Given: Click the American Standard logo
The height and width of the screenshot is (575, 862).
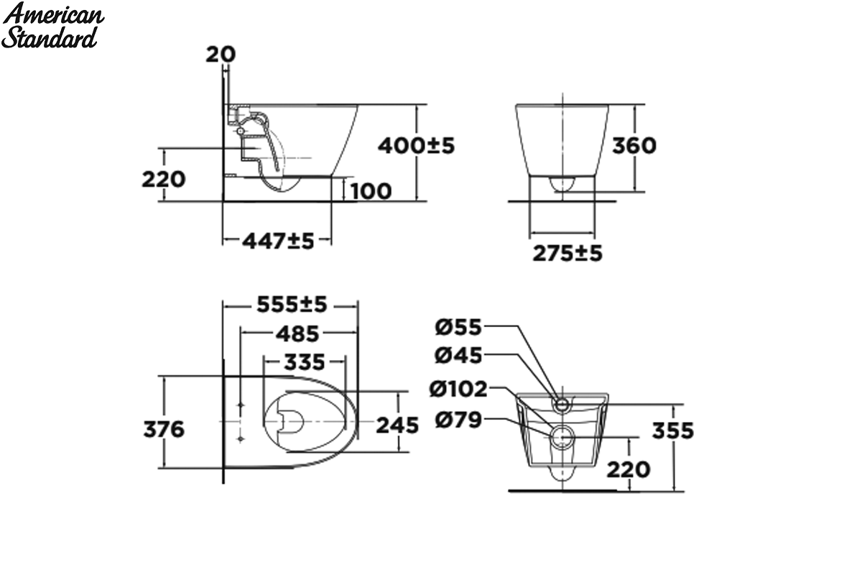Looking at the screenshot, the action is point(52,26).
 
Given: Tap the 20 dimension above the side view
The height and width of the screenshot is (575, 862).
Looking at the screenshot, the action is point(221,55).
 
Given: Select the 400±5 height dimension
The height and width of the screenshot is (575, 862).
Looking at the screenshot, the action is point(416,146).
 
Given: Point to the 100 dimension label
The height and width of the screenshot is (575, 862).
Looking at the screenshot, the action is point(371,191).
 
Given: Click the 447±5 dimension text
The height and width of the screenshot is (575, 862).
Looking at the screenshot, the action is point(278,241).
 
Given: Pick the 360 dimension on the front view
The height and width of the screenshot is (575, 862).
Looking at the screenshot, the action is point(634,146).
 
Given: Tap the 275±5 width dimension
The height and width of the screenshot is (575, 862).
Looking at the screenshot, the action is point(567,254).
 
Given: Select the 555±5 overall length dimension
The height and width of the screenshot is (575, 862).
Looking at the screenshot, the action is point(292,305).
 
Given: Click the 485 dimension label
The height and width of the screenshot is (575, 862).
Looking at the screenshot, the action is point(297,334).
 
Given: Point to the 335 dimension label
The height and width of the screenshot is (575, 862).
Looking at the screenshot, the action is point(305,362).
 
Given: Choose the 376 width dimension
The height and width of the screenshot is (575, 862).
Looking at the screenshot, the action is point(164,429).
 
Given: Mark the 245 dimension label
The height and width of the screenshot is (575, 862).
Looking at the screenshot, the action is point(397,425).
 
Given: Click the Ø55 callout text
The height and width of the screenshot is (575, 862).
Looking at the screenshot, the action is point(458,327).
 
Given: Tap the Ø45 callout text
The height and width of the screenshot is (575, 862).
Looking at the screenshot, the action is point(458,356).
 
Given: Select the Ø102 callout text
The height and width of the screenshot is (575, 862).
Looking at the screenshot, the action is point(458,389).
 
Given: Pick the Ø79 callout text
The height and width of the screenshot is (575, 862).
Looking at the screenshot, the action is point(458,420).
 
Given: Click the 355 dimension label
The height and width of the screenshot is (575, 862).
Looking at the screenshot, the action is point(672,431).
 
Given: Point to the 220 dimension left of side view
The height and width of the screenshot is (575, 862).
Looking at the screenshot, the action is point(164,180).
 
